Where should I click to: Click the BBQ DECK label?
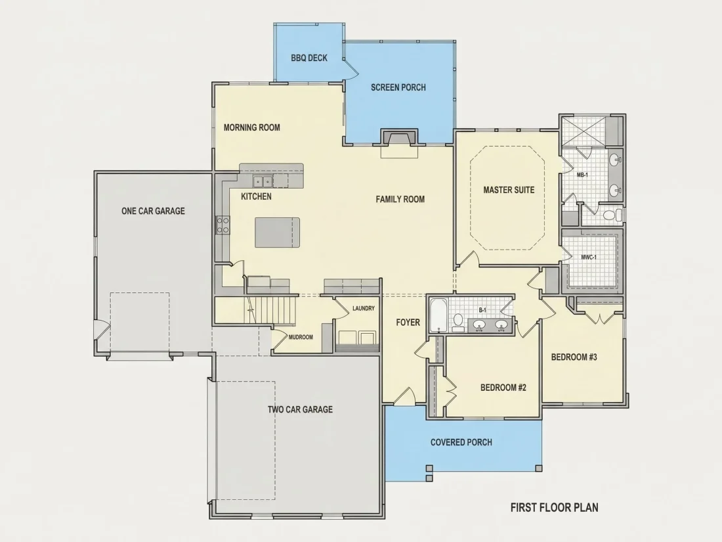pos(309,58)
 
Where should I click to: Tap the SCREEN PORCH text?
pos(398,87)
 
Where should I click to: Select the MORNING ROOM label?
pos(252,127)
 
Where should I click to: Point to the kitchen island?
pos(278,233)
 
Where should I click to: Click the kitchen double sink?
pos(263,181)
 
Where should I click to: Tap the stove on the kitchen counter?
pos(223,225)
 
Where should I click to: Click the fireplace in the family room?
pos(399,139)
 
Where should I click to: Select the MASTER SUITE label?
pos(509,190)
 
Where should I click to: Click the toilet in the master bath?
pos(612,215)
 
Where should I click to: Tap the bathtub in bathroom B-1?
pos(438,316)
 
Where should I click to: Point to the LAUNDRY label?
pos(364,308)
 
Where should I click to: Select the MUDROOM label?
pos(301,337)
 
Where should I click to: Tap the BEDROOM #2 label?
pos(503,388)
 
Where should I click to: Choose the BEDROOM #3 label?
pos(574,357)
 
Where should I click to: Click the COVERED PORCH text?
pos(461,442)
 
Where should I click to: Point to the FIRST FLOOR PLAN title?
pos(555,507)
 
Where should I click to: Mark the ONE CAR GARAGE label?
pos(153,211)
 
